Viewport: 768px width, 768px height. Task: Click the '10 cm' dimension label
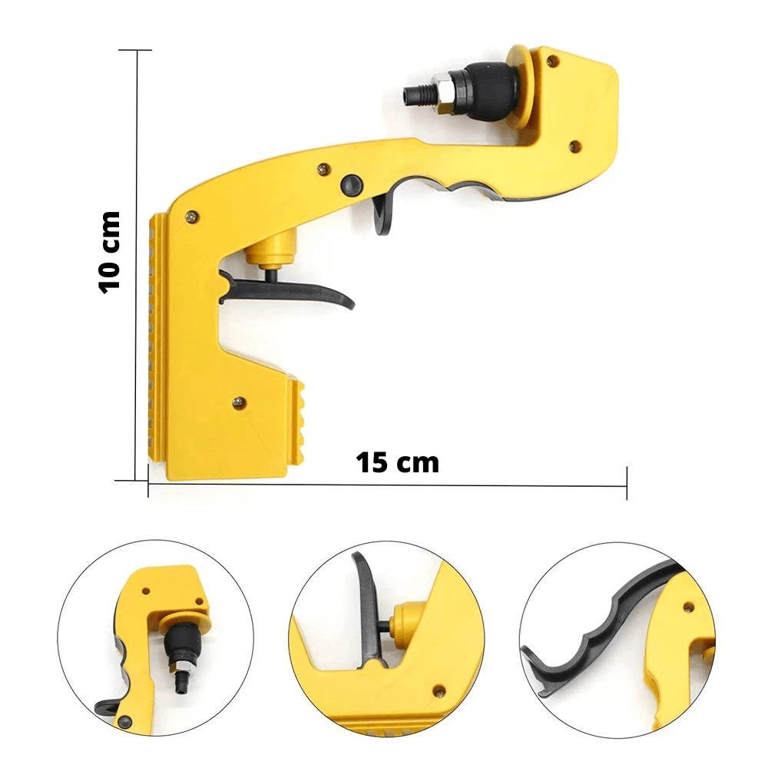pyautogui.click(x=111, y=251)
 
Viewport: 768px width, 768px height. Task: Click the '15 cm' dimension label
pyautogui.click(x=398, y=462)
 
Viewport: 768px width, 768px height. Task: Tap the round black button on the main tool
pyautogui.click(x=350, y=184)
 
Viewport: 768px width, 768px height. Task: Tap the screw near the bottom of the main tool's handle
pyautogui.click(x=239, y=400)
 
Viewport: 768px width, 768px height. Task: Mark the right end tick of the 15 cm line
pyautogui.click(x=627, y=484)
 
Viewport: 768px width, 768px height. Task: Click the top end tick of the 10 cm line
pyautogui.click(x=138, y=50)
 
